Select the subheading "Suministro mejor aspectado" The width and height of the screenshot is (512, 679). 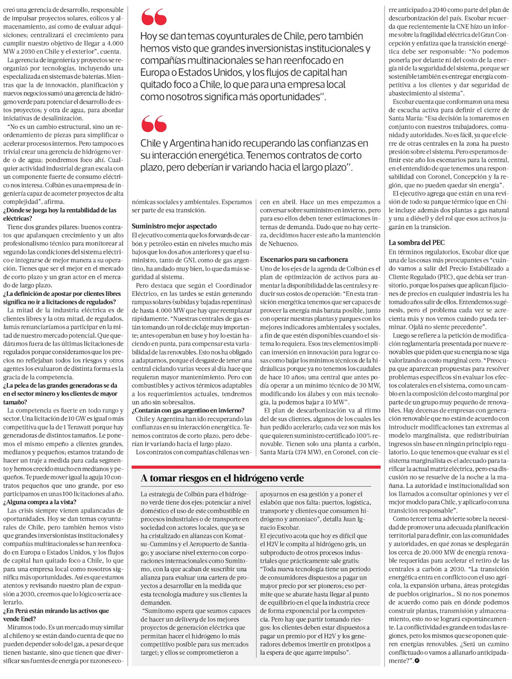click(174, 226)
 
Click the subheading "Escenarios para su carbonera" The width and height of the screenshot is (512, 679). click(304, 260)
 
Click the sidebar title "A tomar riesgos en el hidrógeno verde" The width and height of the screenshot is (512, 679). click(222, 478)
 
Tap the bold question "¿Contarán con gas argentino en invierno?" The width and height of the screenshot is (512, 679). click(188, 411)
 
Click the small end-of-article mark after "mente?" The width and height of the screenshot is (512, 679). click(417, 661)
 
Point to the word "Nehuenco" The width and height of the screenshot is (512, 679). click(279, 244)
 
